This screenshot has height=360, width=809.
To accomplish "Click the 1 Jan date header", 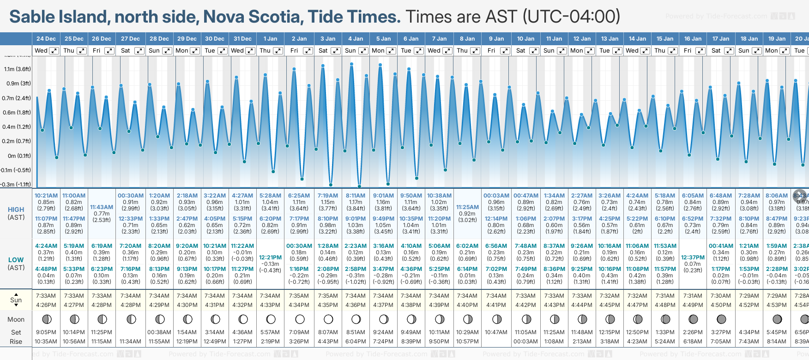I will (x=270, y=39).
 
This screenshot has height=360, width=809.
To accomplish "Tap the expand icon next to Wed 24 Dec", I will (x=54, y=51).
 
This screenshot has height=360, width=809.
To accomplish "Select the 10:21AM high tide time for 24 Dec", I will (x=46, y=196).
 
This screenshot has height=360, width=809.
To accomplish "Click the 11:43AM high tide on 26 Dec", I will (x=102, y=207).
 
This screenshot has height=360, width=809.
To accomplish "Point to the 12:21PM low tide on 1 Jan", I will (x=270, y=258).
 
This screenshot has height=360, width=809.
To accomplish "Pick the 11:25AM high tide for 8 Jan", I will (x=467, y=207).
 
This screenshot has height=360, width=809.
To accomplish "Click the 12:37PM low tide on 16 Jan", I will (x=693, y=258).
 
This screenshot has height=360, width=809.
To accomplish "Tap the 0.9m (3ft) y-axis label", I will (x=18, y=84).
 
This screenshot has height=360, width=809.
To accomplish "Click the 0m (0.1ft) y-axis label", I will (x=18, y=156).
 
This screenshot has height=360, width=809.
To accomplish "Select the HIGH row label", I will (x=16, y=210).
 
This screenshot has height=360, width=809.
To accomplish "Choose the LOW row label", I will (x=16, y=260).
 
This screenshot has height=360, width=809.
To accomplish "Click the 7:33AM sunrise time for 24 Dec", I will (x=46, y=296).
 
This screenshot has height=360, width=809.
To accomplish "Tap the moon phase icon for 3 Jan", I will (x=328, y=319).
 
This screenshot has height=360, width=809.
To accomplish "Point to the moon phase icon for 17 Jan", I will (x=721, y=319).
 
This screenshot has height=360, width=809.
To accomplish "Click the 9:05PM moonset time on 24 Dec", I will (x=46, y=332).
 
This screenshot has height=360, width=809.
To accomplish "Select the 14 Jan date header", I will (x=638, y=39).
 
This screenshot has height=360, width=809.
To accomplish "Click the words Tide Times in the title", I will (x=354, y=17).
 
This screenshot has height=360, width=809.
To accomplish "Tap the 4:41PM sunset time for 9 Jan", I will (x=496, y=305).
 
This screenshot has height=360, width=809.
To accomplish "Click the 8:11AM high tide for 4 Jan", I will (x=356, y=196).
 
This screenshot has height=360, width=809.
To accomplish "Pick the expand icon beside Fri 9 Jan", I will (x=505, y=51).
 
